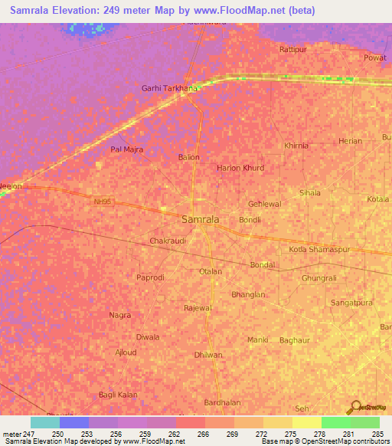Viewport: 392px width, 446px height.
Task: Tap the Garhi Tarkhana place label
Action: (169, 88)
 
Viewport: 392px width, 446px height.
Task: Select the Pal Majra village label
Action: (127, 149)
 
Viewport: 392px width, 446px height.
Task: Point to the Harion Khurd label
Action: (240, 168)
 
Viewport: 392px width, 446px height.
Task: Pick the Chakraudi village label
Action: (168, 241)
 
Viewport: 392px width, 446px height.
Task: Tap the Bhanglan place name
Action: (248, 294)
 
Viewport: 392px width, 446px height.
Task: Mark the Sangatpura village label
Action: (351, 303)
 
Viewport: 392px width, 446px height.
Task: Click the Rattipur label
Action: (292, 49)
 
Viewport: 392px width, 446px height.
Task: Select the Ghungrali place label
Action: (319, 278)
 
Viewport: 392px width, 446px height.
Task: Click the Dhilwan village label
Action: (208, 355)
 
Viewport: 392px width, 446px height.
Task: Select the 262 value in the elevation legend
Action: (175, 434)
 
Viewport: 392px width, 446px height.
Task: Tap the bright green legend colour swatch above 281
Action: (335, 422)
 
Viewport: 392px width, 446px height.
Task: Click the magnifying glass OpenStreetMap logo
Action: (354, 408)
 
